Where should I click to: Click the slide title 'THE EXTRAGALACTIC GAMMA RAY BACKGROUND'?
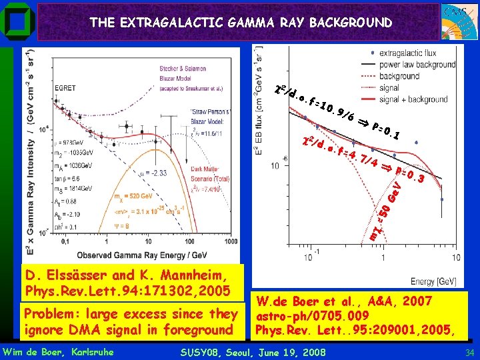click(241, 23)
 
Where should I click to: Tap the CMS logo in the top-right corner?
click(458, 21)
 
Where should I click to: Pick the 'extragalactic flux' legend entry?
click(417, 53)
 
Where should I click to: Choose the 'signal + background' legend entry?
click(421, 99)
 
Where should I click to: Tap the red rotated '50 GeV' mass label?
click(389, 203)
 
